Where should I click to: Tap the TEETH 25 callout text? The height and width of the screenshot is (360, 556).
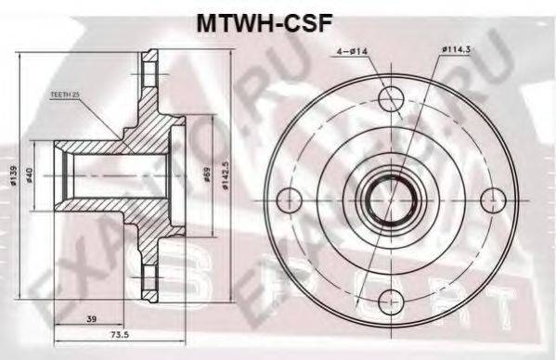pyautogui.click(x=66, y=96)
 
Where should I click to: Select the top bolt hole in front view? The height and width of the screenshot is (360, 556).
pyautogui.click(x=391, y=96)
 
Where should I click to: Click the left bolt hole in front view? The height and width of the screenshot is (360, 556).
pyautogui.click(x=291, y=198)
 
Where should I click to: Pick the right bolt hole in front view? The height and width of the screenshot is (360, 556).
pyautogui.click(x=491, y=198)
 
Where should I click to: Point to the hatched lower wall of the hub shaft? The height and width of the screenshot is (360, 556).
pyautogui.click(x=102, y=206)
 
